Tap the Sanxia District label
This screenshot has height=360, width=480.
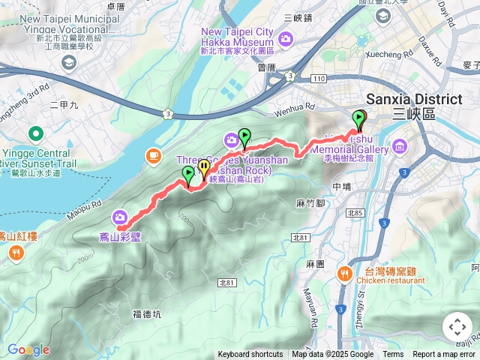click(x=414, y=100)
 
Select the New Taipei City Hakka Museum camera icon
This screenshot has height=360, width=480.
click(x=285, y=38)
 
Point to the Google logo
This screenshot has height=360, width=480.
click(x=28, y=349)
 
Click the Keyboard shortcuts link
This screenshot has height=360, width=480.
click(x=250, y=355)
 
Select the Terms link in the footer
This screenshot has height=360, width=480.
click(x=393, y=355)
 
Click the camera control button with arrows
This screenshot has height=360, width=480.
click(x=457, y=327)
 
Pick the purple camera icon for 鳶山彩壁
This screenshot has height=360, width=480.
click(x=120, y=217)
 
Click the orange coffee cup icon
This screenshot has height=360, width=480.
click(x=154, y=154)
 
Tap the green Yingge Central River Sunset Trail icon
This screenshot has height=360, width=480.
click(x=34, y=134)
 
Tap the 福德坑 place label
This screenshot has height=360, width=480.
click(x=146, y=313)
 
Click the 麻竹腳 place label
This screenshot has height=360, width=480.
click(x=310, y=202)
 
